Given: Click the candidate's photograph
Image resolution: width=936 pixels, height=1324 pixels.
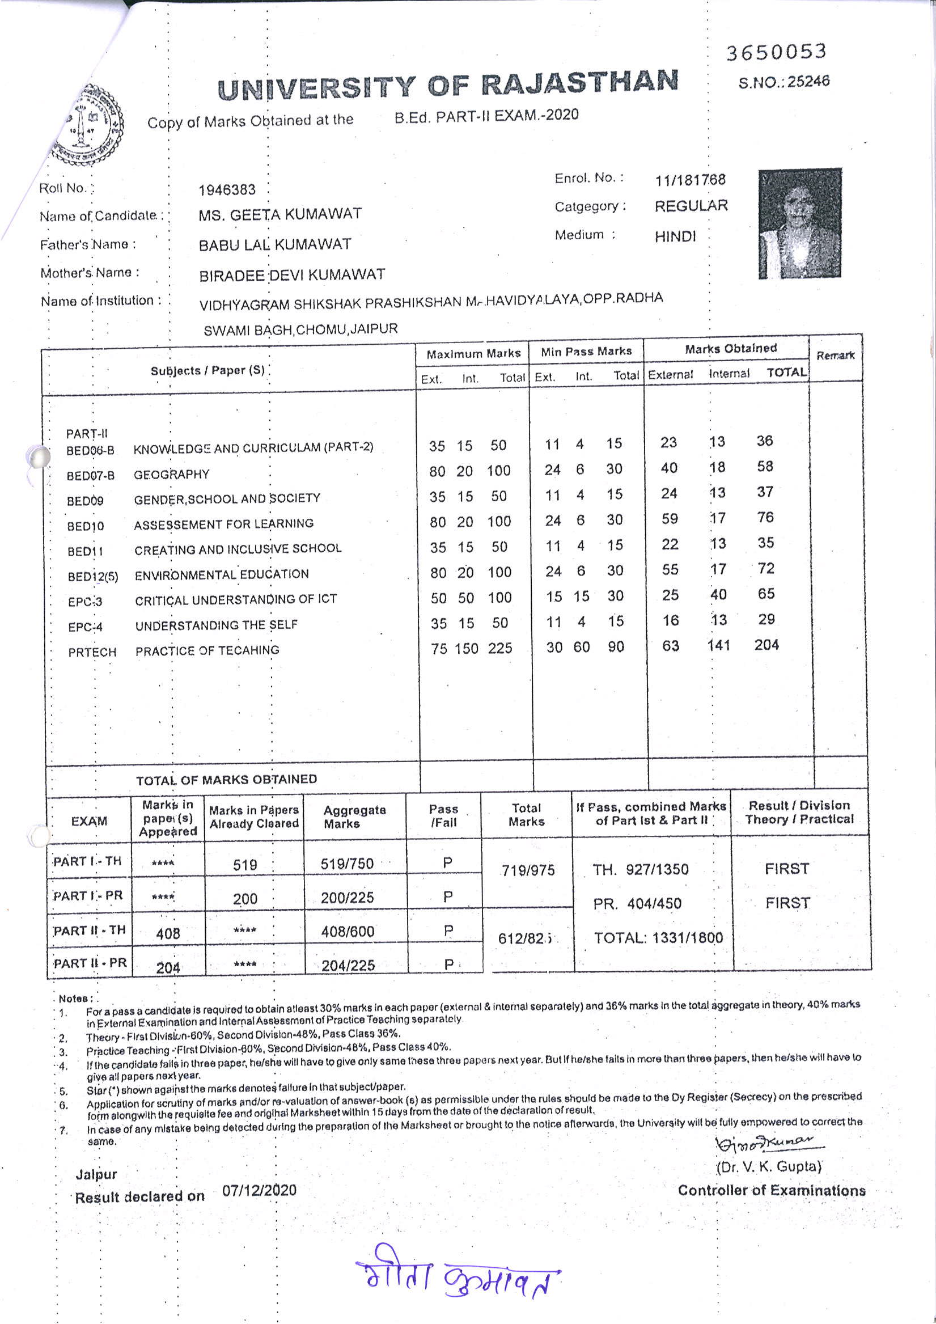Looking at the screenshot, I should (x=800, y=224).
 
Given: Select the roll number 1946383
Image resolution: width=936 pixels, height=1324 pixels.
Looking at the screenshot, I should (x=227, y=190).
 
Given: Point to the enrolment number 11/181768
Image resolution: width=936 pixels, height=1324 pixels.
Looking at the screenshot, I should (x=690, y=180).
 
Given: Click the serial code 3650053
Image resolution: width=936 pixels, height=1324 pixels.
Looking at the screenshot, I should (x=776, y=53).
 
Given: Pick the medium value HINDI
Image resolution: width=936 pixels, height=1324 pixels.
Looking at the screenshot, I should (x=675, y=236).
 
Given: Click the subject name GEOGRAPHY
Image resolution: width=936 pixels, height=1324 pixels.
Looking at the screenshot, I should (x=171, y=475).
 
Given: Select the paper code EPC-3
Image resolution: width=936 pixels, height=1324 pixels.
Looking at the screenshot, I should (x=85, y=602).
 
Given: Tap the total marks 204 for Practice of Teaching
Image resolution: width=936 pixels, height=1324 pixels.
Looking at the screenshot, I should (x=766, y=645).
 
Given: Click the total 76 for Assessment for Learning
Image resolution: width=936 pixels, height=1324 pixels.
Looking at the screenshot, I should (x=765, y=517).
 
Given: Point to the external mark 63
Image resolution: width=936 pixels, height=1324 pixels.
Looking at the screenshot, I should (x=670, y=645).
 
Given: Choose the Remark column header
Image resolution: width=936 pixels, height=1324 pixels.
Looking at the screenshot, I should (x=835, y=355).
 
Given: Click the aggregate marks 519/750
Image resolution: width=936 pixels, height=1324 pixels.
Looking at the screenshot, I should (x=347, y=864).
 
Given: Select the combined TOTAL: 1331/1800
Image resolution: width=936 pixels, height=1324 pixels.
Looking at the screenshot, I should (x=658, y=938).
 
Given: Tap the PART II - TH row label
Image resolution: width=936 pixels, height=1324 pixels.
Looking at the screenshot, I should (x=90, y=930).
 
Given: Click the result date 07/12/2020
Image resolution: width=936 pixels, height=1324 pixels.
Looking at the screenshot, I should (x=260, y=1190).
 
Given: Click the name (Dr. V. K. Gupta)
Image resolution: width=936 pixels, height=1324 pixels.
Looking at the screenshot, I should (x=769, y=1166).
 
